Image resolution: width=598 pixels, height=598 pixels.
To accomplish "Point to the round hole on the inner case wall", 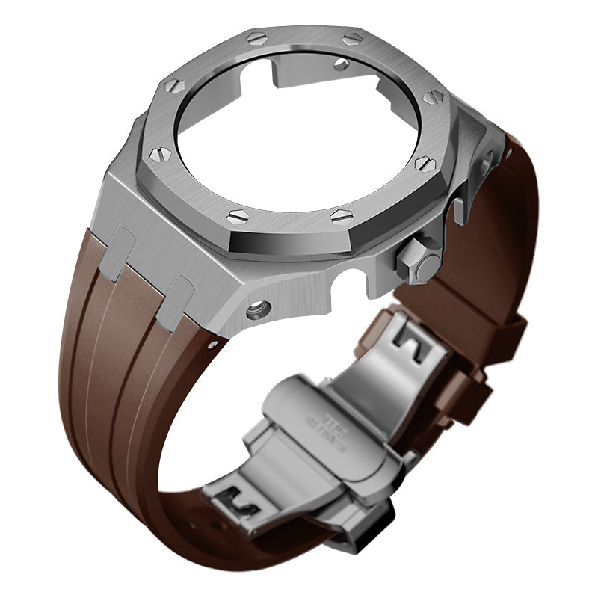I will pos(342,64).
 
